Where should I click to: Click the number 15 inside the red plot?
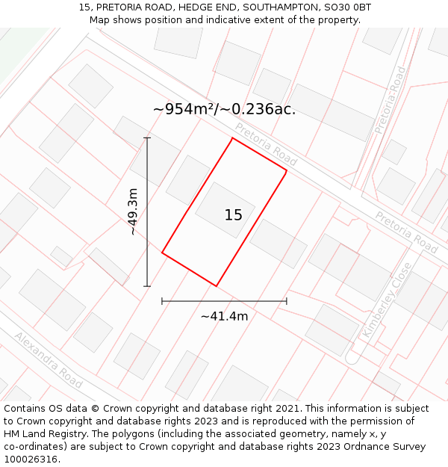[233, 215]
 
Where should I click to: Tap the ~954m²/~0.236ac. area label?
[224, 109]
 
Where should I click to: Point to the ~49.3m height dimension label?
[133, 211]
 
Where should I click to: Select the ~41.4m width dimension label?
[224, 316]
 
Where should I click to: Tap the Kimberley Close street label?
[386, 299]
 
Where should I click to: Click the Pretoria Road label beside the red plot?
[266, 144]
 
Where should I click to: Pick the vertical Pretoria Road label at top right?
[391, 100]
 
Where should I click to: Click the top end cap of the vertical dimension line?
[147, 138]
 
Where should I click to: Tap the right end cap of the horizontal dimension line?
[287, 301]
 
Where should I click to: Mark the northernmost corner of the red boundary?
[232, 138]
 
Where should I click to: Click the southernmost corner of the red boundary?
[217, 286]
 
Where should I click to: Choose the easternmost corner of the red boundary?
[287, 171]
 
